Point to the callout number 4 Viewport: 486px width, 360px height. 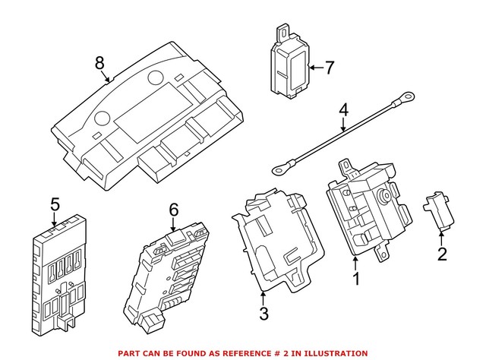343,111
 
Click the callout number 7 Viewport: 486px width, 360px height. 329,68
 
